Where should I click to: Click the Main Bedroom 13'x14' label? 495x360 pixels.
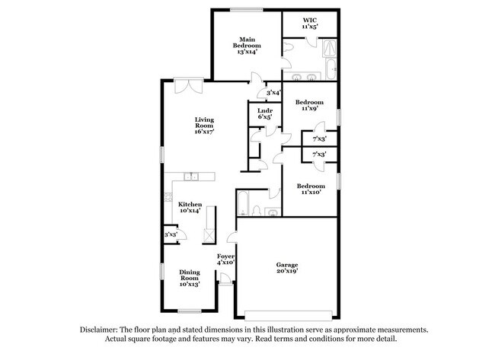click(246, 45)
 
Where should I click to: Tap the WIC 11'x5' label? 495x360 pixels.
click(308, 23)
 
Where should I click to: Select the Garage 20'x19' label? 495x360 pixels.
click(286, 267)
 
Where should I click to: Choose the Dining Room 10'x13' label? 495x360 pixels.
click(189, 279)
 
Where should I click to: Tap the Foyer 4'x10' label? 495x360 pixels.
click(226, 260)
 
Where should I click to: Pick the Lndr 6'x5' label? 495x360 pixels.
click(265, 114)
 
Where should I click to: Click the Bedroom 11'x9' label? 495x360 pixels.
click(310, 105)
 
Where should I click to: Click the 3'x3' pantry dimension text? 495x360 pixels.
click(171, 235)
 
